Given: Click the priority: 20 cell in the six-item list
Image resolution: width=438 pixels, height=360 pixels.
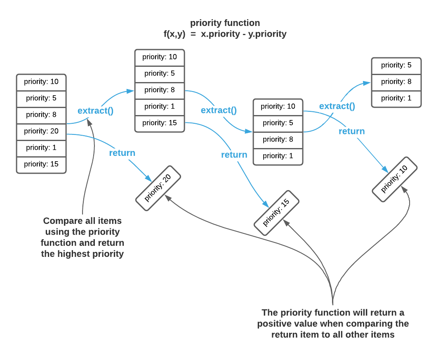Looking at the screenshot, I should coord(41,131).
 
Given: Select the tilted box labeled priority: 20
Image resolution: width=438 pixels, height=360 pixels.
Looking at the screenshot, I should coord(158,187).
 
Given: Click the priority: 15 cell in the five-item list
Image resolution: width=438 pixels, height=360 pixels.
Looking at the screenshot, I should coord(160,123).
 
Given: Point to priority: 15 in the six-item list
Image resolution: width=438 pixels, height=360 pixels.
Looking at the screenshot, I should coord(41,164).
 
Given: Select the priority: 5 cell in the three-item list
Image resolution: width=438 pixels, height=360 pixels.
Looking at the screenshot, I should coord(396,65).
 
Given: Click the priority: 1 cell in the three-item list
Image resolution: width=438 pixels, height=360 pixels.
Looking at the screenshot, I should coord(396,98).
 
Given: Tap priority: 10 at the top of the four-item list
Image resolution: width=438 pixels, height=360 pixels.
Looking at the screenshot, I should coord(278,106).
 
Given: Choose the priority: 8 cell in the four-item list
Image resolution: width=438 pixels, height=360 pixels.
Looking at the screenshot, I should coord(278,139).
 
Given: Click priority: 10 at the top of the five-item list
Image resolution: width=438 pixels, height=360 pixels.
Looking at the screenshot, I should coord(160,57).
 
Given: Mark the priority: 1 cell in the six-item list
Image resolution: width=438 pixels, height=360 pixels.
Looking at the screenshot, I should coord(41,148).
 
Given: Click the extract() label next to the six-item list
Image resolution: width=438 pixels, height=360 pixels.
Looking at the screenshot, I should coord(95,111).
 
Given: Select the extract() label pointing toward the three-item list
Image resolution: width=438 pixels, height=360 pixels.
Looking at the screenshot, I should coord(337,106).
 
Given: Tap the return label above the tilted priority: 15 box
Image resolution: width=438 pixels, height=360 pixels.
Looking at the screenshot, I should coord(234,155).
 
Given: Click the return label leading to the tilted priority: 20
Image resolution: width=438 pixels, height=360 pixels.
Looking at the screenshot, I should coord(122,153).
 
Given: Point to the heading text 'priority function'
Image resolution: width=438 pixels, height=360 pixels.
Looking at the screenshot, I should coord(225,23).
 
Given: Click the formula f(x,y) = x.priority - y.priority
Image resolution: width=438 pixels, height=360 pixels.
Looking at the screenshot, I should coord(225,34).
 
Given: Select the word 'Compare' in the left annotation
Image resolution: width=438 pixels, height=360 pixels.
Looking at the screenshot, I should coord(61,221).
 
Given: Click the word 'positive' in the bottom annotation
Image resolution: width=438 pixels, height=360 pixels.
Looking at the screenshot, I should coord(275,323).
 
